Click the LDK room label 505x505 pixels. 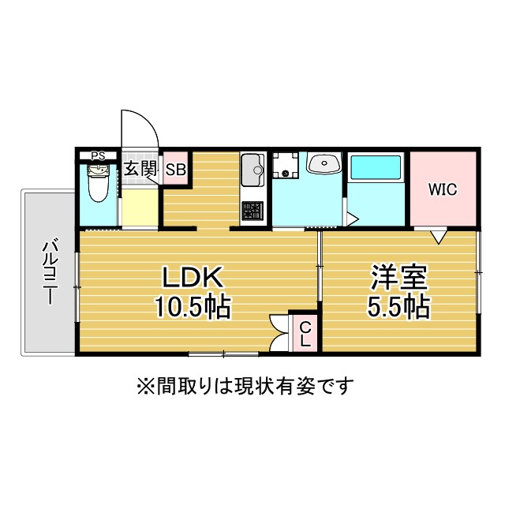193,277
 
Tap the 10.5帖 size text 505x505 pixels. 193,307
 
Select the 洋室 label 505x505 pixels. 398,277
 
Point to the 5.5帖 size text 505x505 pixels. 398,307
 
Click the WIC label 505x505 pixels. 443,189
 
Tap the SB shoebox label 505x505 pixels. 176,170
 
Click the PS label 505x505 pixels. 98,156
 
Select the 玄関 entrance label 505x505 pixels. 140,168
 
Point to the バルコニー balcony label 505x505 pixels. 50,271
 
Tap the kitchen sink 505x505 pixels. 252,170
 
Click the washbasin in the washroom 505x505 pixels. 324,163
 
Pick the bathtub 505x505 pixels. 376,167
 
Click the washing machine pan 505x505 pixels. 286,165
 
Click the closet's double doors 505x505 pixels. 279,334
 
